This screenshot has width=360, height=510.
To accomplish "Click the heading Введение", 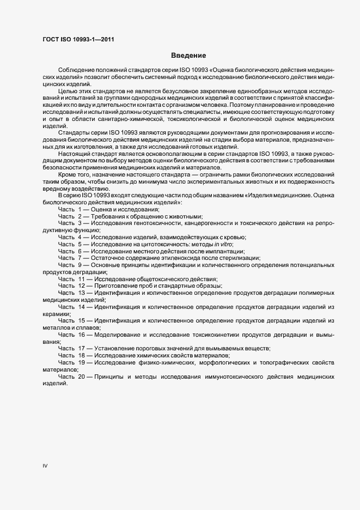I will [x=188, y=56].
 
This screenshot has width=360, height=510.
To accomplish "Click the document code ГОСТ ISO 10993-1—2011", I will [x=78, y=39].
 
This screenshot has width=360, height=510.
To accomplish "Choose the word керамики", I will [x=56, y=314].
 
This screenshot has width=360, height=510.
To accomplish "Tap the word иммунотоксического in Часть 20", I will [x=236, y=377].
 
